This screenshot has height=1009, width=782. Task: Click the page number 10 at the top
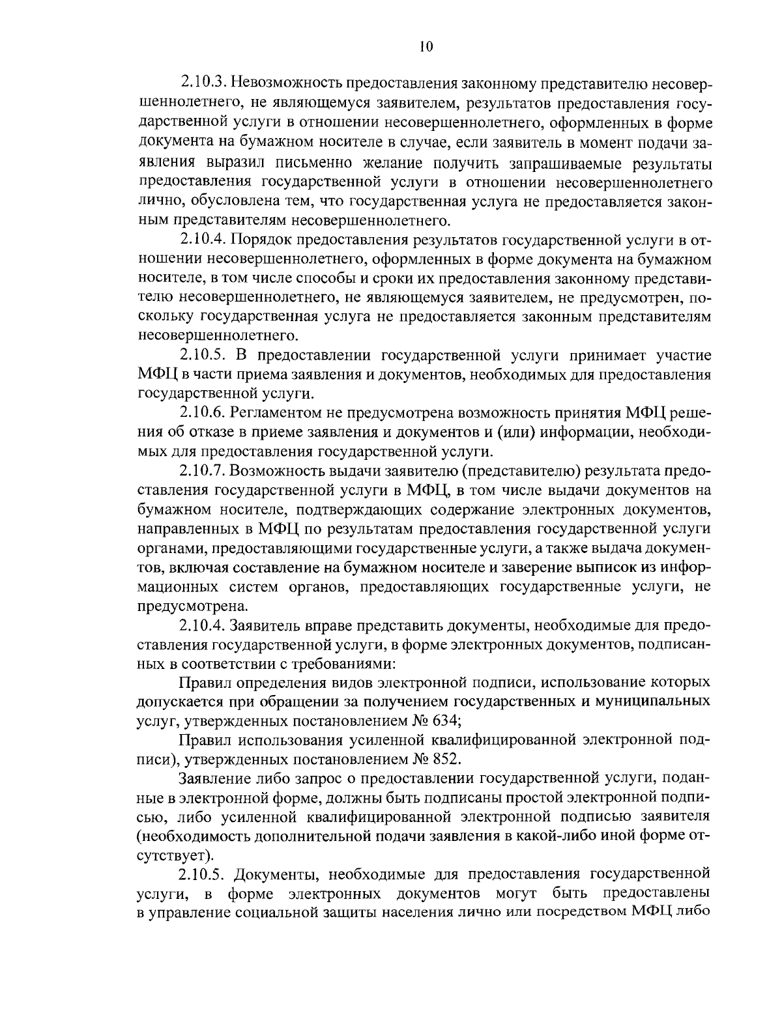(426, 46)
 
